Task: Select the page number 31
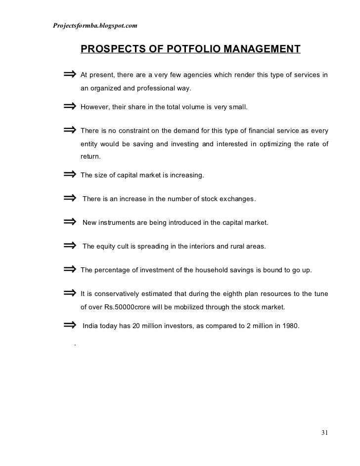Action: point(324,433)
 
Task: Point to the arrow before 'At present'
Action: point(70,75)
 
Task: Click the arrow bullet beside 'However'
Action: point(70,106)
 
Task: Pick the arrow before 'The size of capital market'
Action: point(70,174)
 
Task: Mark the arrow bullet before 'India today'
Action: point(70,325)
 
